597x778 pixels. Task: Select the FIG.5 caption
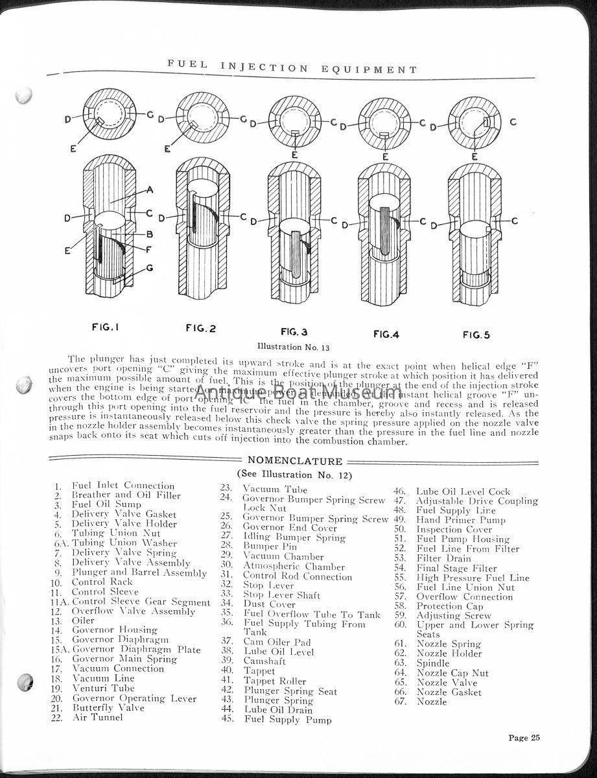(x=476, y=335)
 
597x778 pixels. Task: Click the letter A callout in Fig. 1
(x=150, y=189)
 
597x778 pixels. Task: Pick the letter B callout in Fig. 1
(x=149, y=233)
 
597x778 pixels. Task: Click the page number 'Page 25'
(x=524, y=737)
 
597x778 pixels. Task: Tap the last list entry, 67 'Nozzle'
(x=432, y=701)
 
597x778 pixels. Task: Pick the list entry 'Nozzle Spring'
(x=449, y=644)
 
